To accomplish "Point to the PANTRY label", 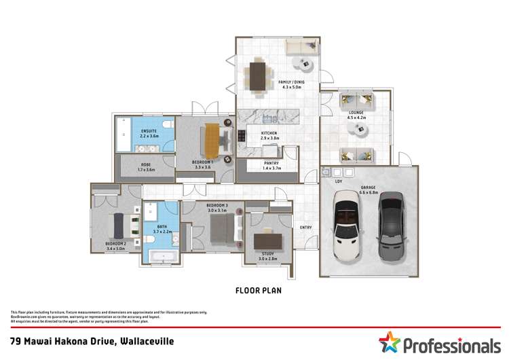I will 271,163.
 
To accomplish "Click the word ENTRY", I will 306,227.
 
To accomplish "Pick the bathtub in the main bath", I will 162,257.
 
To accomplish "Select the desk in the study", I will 267,240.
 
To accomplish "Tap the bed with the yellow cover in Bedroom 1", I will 212,139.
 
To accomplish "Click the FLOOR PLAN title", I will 258,290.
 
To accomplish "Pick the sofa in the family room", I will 299,47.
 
